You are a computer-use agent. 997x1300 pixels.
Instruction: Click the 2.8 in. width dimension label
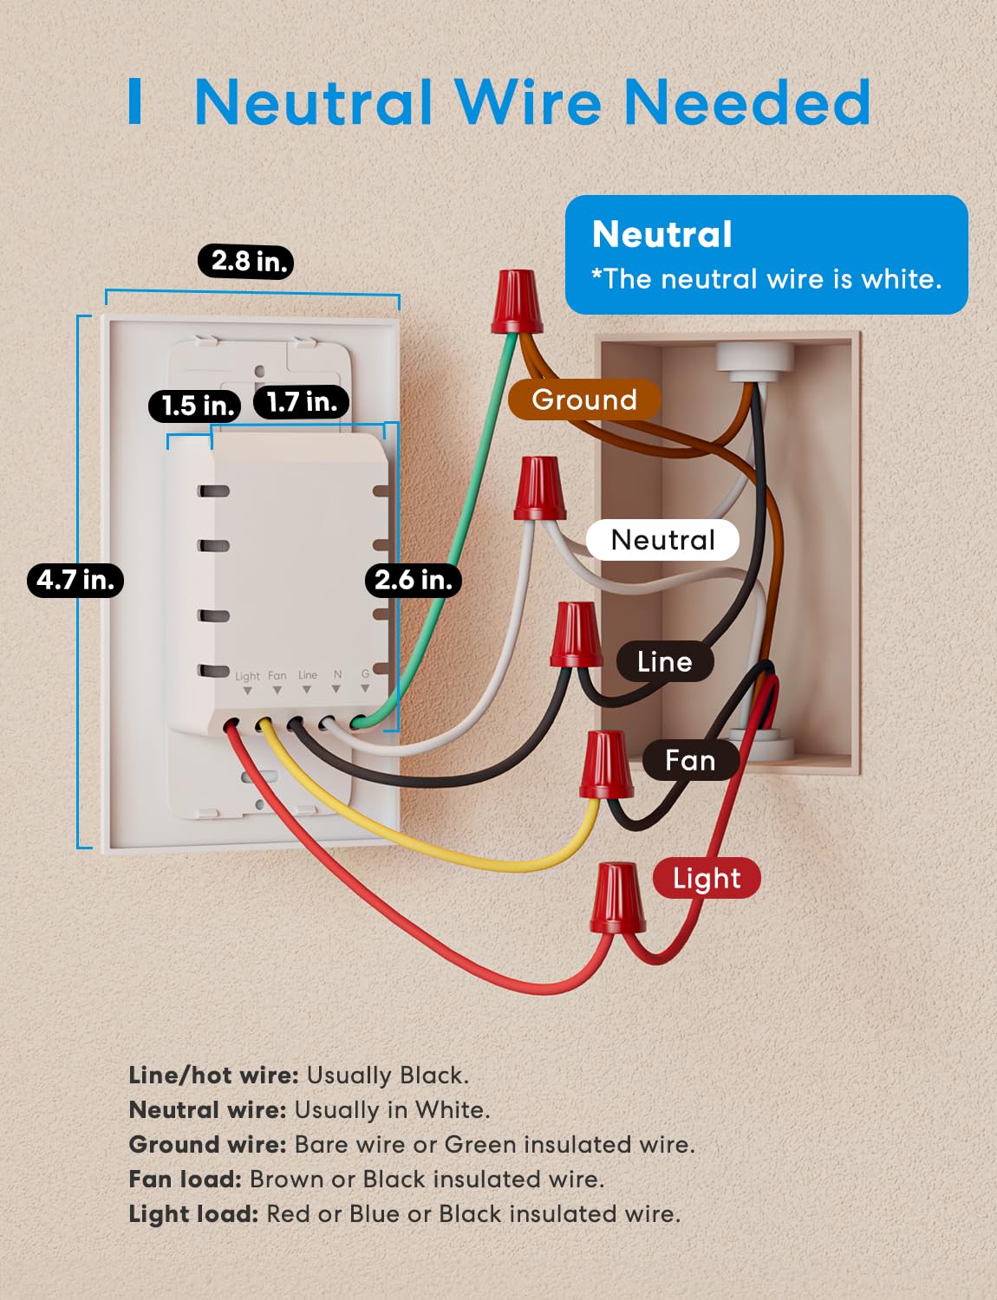[x=246, y=261]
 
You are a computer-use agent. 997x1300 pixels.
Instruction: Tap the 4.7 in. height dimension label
[x=75, y=579]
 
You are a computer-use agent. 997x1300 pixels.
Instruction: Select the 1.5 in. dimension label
[x=194, y=405]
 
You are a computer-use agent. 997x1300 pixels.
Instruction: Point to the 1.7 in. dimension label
[x=301, y=401]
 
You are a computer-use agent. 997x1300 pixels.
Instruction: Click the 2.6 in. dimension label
[x=413, y=579]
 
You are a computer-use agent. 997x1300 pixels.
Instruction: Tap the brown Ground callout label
[x=584, y=400]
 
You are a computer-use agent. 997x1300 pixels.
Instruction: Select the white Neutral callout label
[x=662, y=540]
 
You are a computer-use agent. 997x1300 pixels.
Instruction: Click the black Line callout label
[x=664, y=662]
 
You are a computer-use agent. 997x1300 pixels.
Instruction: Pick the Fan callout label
[x=690, y=760]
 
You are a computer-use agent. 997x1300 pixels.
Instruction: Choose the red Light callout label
[x=706, y=878]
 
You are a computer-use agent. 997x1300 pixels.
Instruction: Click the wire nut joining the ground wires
[x=517, y=301]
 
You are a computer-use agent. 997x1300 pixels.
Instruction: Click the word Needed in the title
[x=746, y=102]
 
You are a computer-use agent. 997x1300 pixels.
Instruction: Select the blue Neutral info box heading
[x=662, y=235]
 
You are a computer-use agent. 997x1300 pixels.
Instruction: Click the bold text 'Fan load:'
[x=185, y=1179]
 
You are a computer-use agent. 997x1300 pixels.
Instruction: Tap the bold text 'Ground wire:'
[x=207, y=1144]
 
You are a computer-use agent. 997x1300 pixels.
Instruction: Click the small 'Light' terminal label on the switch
[x=247, y=676]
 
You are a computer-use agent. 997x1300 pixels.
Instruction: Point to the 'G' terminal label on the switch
[x=365, y=673]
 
